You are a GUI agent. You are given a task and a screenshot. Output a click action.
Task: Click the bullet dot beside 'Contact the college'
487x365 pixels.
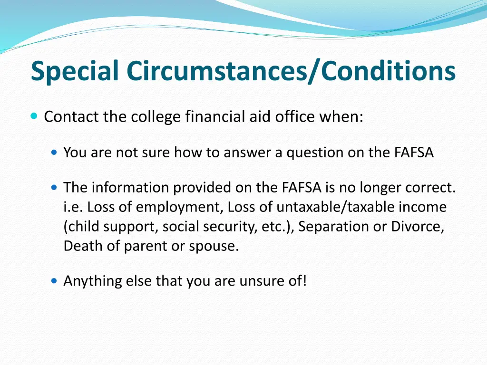(x=34, y=116)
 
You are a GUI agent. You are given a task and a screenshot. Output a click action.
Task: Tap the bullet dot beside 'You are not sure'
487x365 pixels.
(x=55, y=153)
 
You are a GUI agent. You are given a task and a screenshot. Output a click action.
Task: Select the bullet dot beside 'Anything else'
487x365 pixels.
(x=55, y=281)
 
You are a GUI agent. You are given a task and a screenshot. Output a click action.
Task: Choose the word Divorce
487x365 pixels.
(x=417, y=227)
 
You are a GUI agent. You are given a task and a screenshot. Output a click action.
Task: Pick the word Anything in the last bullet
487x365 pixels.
(x=92, y=281)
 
